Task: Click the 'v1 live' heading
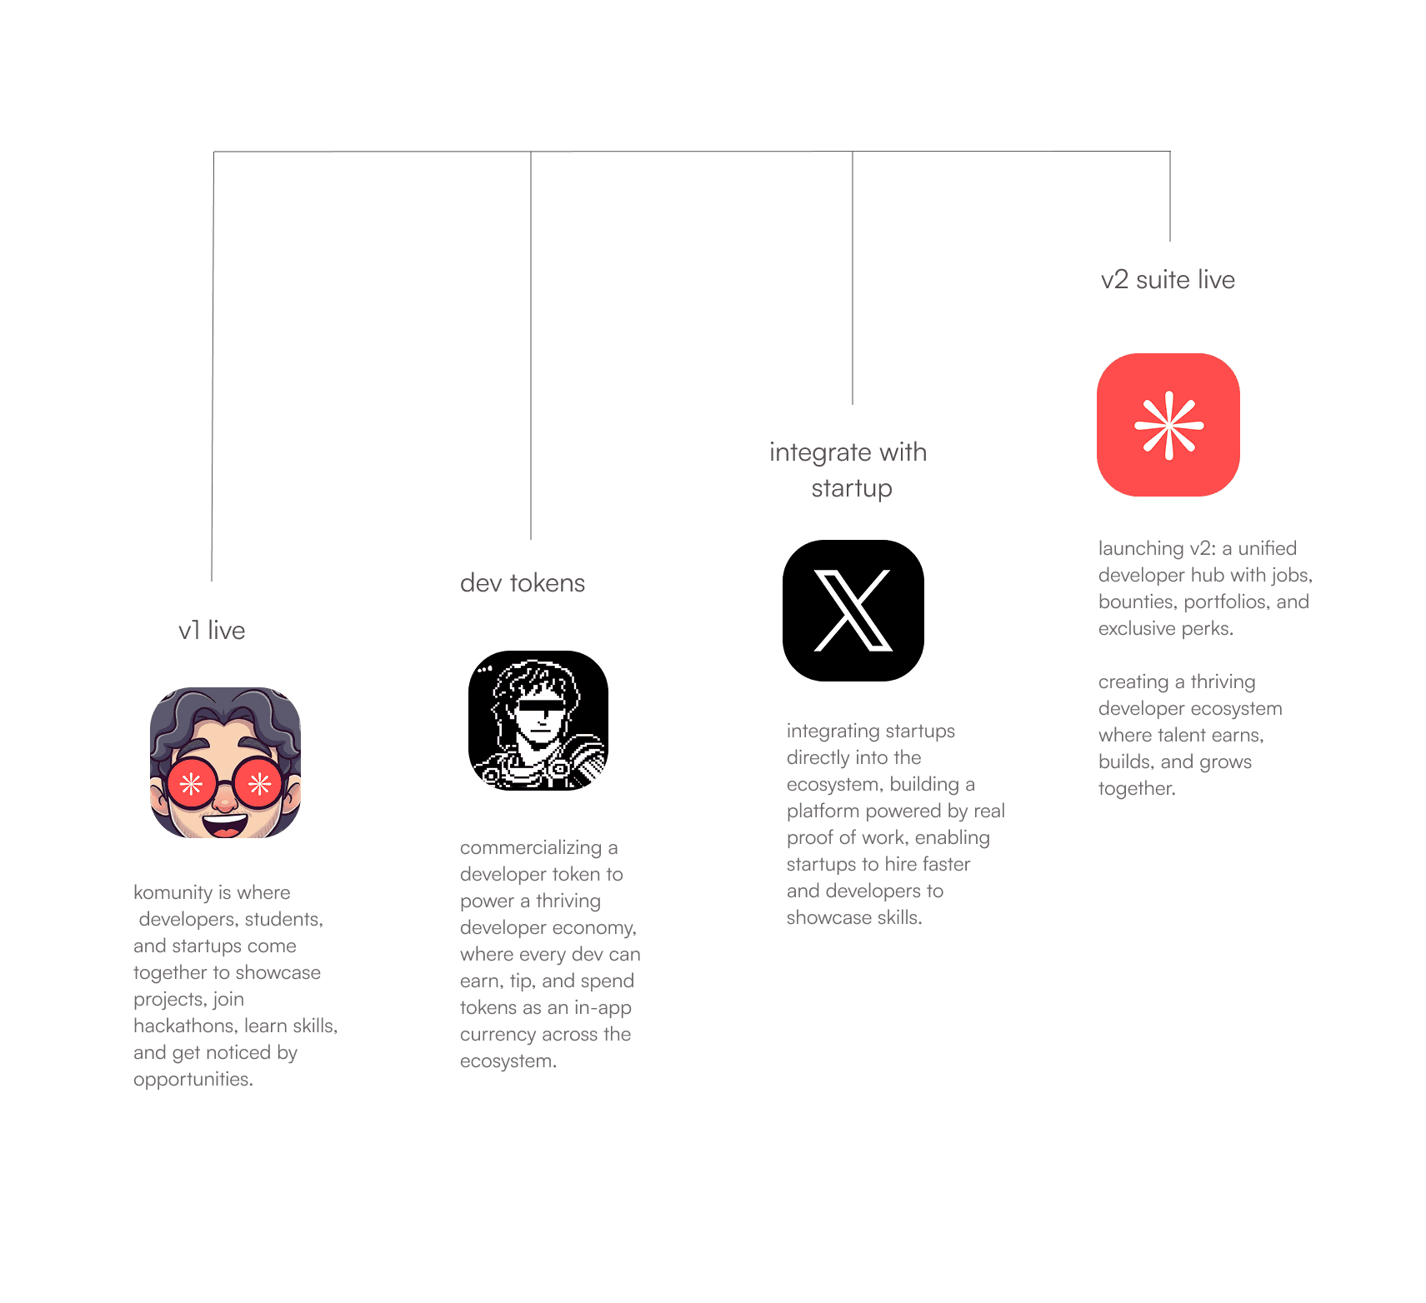pos(212,631)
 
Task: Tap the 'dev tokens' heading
pos(523,583)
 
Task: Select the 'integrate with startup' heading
pos(848,469)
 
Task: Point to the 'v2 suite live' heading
pos(1168,280)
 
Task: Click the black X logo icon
pos(853,611)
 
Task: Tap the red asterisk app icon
pos(1168,425)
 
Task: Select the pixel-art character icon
pos(538,721)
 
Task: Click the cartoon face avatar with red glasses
pos(225,762)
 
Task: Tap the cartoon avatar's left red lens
pos(192,784)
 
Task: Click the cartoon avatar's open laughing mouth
pos(225,825)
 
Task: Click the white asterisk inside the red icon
pos(1168,425)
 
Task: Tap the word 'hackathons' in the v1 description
pos(184,1026)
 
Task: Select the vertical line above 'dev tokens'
pos(531,350)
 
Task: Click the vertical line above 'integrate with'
pos(852,283)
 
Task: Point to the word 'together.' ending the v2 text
pos(1136,788)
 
